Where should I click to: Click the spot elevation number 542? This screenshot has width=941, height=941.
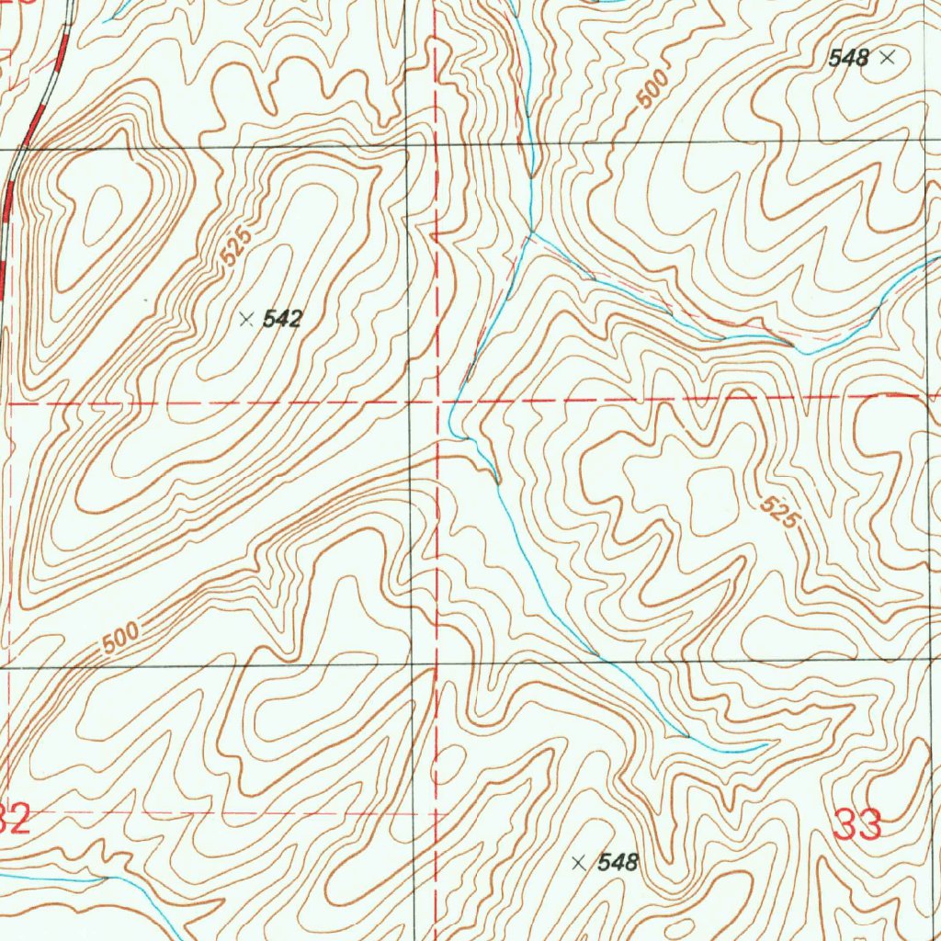tap(282, 320)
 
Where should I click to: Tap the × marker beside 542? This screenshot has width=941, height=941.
tap(245, 320)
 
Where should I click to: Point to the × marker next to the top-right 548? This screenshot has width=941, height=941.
tap(887, 58)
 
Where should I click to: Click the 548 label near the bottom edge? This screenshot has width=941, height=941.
tap(618, 863)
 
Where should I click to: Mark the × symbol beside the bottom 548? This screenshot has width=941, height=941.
tap(578, 863)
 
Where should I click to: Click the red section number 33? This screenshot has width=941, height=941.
tap(858, 822)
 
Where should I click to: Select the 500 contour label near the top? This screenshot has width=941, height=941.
tap(652, 88)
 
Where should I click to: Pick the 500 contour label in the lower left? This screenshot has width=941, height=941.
tap(120, 638)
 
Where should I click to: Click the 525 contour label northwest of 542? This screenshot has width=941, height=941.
tap(235, 249)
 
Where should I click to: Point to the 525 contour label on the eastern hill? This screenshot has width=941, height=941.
tap(778, 512)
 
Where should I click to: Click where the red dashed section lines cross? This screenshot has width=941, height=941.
tap(438, 402)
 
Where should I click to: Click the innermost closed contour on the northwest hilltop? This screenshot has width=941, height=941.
tap(102, 215)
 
